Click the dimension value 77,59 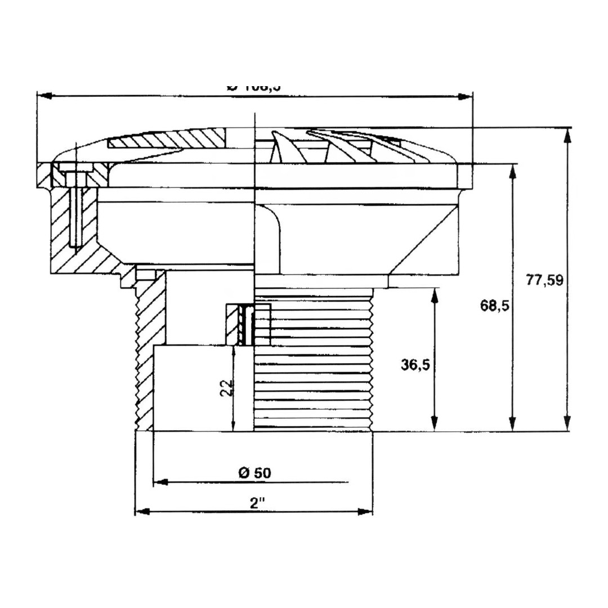tap(544, 280)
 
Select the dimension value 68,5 tap(494, 306)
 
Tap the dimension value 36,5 tap(415, 365)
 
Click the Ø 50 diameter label tap(254, 473)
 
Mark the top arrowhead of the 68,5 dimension tap(512, 171)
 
